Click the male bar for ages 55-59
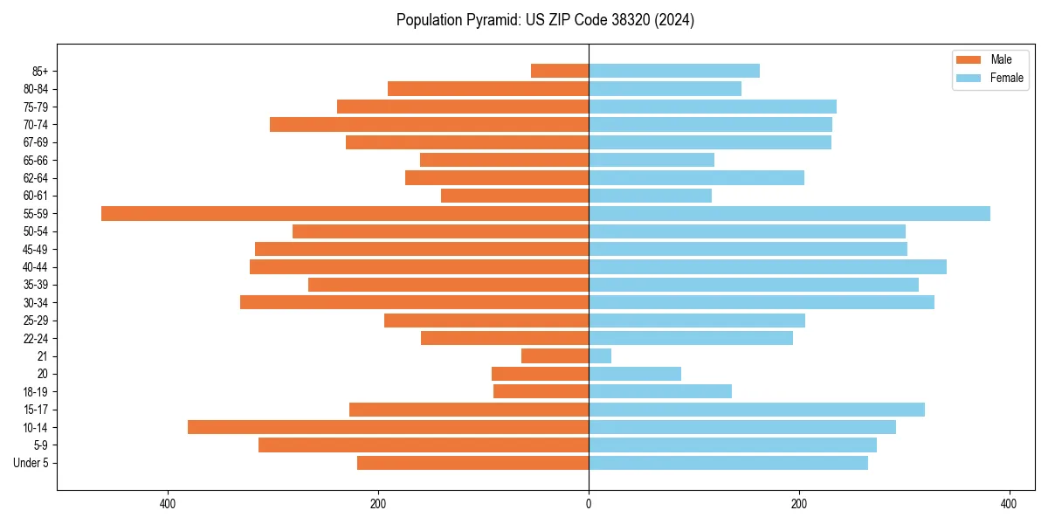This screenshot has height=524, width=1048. click(x=345, y=213)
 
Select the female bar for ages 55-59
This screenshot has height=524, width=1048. click(x=789, y=213)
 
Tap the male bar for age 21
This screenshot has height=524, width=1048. click(x=555, y=355)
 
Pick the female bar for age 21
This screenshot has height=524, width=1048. click(x=600, y=355)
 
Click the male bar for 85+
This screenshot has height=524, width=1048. click(x=560, y=71)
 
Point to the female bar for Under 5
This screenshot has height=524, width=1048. click(x=728, y=463)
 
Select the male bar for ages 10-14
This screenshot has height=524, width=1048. click(x=388, y=427)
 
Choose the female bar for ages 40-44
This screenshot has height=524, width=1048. click(x=768, y=266)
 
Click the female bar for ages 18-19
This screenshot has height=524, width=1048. click(x=660, y=391)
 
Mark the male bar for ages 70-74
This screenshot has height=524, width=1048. click(x=429, y=124)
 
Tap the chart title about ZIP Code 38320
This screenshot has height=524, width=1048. click(x=545, y=20)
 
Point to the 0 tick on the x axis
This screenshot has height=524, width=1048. click(x=589, y=504)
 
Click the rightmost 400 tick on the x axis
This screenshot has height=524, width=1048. click(x=1009, y=504)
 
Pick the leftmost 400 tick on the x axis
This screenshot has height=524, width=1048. click(x=169, y=504)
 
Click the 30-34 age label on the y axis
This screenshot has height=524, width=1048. click(x=36, y=302)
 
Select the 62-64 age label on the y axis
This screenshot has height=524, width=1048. click(x=36, y=177)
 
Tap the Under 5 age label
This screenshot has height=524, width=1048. click(x=31, y=463)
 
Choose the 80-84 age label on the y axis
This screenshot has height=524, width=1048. click(x=36, y=88)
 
